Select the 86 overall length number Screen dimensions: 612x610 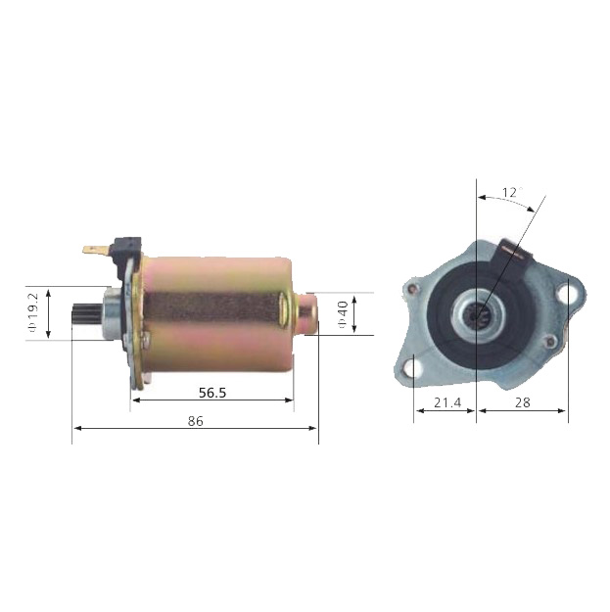195,420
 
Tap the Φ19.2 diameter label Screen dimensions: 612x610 32,313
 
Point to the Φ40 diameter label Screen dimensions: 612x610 342,313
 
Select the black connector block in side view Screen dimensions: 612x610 125,244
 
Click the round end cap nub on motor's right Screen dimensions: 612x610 306,313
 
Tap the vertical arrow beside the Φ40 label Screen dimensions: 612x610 354,313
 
